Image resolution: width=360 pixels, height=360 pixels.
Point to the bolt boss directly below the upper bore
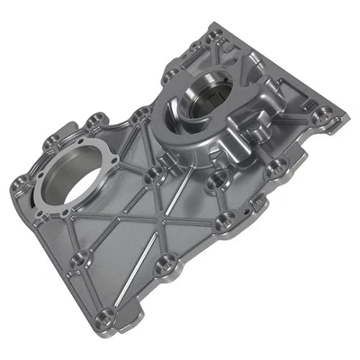click(x=214, y=180)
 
